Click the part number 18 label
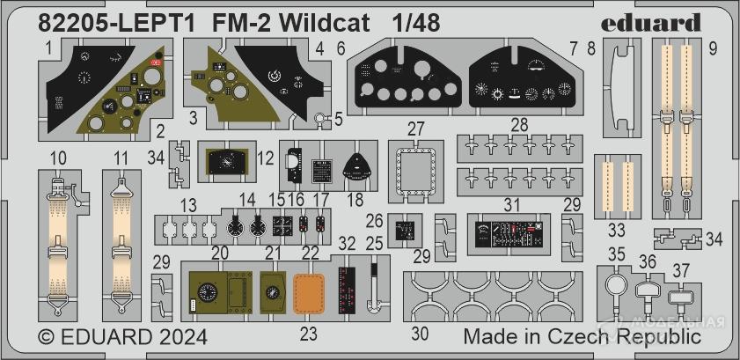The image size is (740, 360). [355, 200]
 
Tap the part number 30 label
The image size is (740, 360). [421, 334]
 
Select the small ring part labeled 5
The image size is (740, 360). [322, 117]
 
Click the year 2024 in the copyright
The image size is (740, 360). [180, 337]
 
